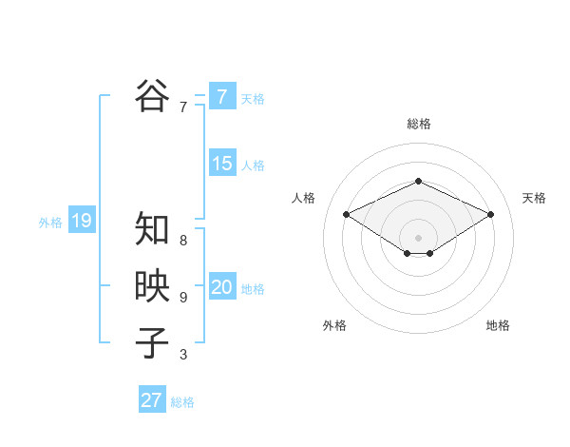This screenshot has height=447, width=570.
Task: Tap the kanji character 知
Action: [152, 229]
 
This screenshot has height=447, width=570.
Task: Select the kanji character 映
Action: [152, 286]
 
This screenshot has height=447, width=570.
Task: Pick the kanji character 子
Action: [152, 342]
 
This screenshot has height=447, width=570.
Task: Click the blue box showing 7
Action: [221, 96]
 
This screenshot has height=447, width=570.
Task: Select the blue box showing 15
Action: [221, 164]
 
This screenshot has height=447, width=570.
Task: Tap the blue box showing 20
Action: [221, 287]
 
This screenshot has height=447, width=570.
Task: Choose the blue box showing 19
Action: [81, 221]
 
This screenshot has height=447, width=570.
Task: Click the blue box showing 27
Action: [152, 400]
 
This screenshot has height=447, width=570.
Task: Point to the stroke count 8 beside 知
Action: [183, 241]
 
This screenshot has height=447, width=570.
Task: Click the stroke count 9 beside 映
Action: [183, 298]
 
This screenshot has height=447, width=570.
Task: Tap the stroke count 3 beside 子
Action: [183, 355]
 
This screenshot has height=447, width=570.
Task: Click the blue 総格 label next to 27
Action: [182, 402]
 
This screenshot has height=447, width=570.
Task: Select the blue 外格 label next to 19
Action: [50, 223]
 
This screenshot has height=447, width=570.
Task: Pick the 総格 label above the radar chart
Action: [418, 124]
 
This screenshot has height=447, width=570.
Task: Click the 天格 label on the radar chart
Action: [534, 198]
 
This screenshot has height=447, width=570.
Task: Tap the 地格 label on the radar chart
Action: [498, 325]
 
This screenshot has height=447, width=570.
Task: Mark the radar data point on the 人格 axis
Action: [346, 214]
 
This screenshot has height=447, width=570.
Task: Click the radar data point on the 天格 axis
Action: [491, 214]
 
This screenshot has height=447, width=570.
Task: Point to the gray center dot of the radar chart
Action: [418, 237]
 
